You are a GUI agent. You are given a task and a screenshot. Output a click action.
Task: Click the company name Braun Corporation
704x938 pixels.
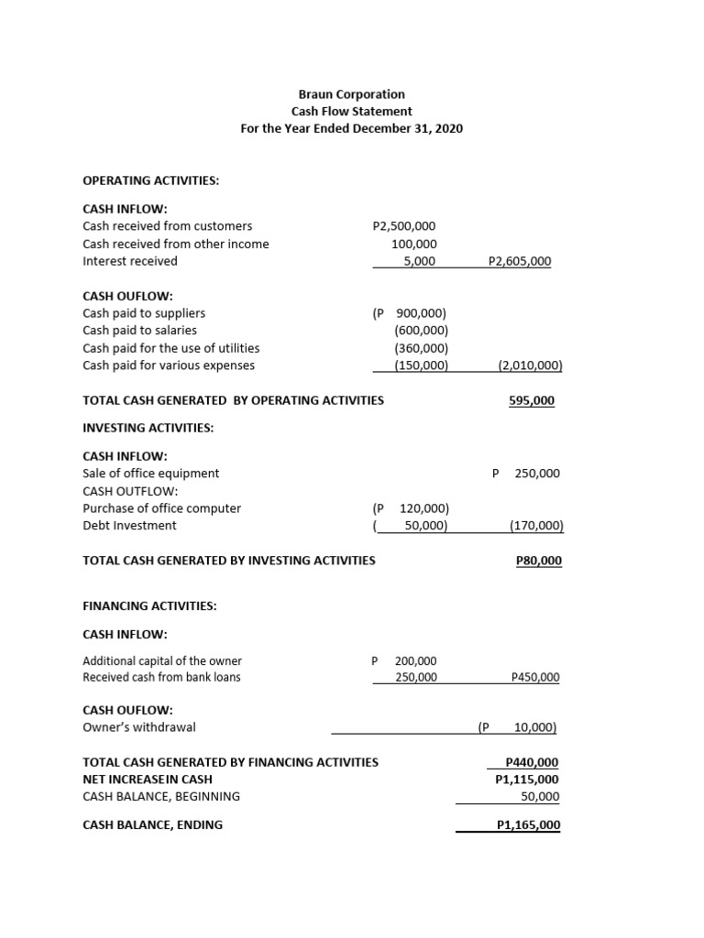[x=351, y=94]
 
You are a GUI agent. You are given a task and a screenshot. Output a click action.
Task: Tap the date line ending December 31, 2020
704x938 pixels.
[x=351, y=128]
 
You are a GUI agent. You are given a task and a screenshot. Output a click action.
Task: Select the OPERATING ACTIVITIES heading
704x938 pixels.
[x=150, y=180]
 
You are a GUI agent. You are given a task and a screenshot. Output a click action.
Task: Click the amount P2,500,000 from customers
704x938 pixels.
[x=404, y=226]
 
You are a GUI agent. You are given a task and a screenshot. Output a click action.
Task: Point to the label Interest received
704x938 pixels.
[x=130, y=261]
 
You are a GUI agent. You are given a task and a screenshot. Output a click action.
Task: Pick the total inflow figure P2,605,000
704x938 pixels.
[x=520, y=261]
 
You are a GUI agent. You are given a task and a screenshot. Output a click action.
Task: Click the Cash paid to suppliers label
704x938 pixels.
[x=144, y=313]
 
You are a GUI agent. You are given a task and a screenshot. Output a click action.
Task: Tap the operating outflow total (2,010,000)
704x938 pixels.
[x=530, y=365]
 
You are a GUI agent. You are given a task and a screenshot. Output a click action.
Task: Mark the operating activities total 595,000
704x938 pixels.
[x=532, y=400]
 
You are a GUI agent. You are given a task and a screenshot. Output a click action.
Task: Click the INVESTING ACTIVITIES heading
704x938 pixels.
[x=148, y=428]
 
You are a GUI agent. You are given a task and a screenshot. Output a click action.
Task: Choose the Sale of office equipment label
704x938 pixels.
[x=151, y=474]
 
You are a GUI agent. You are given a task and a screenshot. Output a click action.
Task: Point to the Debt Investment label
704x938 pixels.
[x=130, y=526]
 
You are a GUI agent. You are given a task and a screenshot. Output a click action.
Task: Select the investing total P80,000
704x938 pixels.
[x=539, y=560]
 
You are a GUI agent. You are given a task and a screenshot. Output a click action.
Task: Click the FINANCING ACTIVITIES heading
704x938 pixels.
[x=149, y=606]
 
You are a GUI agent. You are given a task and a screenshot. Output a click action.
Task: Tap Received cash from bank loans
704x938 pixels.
[x=161, y=678]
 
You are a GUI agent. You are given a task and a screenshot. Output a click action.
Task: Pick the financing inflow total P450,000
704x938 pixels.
[x=534, y=678]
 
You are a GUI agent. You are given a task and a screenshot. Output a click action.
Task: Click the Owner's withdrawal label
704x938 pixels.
[x=139, y=727]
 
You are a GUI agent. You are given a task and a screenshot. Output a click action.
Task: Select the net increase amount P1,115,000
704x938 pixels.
[x=526, y=780]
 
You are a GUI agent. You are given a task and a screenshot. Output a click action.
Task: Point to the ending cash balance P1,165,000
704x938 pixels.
[x=528, y=825]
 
